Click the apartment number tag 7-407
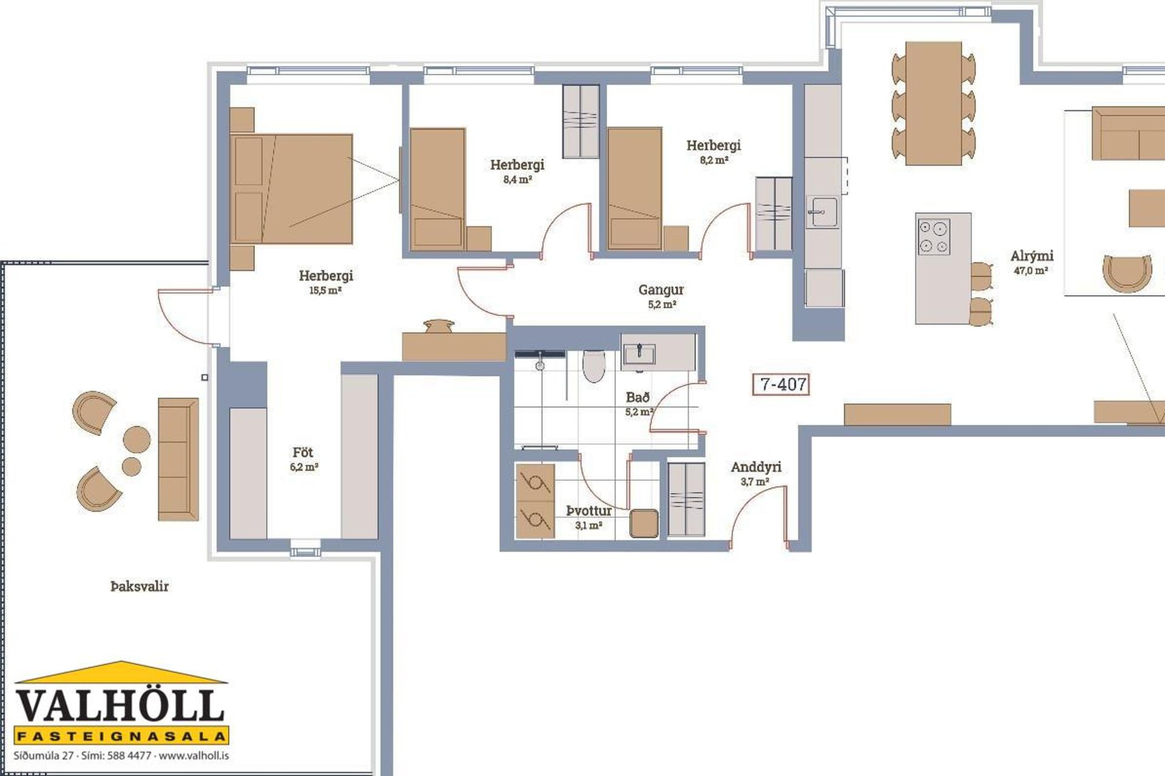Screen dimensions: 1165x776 pyautogui.click(x=781, y=384)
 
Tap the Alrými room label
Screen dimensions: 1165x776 pyautogui.click(x=1032, y=256)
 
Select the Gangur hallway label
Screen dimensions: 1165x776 pyautogui.click(x=661, y=290)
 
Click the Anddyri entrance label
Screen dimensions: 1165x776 pyautogui.click(x=755, y=467)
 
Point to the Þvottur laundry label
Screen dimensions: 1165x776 pyautogui.click(x=589, y=511)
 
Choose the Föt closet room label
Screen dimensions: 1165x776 pyautogui.click(x=303, y=452)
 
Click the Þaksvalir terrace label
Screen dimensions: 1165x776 pyautogui.click(x=140, y=586)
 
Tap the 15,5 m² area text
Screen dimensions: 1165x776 pyautogui.click(x=325, y=290)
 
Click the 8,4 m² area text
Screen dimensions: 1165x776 pyautogui.click(x=518, y=179)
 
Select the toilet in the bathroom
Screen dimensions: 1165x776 pyautogui.click(x=593, y=366)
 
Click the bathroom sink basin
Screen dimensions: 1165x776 pyautogui.click(x=639, y=353)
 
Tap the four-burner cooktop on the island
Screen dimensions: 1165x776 pyautogui.click(x=933, y=236)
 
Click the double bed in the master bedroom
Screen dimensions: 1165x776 pyautogui.click(x=291, y=189)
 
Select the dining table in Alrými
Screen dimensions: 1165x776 pyautogui.click(x=933, y=103)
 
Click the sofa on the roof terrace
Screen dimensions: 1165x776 pyautogui.click(x=178, y=459)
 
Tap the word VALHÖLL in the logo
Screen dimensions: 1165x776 pyautogui.click(x=120, y=706)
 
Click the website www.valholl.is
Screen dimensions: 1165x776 pyautogui.click(x=194, y=756)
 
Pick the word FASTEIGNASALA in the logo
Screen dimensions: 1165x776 pyautogui.click(x=121, y=737)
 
